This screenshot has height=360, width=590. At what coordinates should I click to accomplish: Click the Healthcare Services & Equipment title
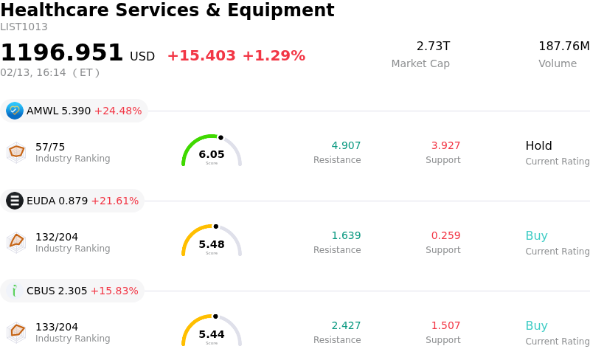[x=167, y=10]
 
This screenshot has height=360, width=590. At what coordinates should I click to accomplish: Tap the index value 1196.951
[x=62, y=53]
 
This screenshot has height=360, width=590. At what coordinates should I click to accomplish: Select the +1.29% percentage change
[x=274, y=56]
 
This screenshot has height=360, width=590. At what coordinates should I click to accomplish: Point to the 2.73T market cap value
[x=433, y=46]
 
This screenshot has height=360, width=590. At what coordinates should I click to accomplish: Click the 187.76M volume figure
[x=564, y=46]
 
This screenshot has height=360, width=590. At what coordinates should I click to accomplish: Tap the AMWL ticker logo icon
[x=15, y=111]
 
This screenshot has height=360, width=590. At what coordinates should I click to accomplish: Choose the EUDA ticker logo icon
[x=15, y=201]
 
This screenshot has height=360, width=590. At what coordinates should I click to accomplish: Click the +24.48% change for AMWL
[x=118, y=111]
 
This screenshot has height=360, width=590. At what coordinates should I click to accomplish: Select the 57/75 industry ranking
[x=50, y=147]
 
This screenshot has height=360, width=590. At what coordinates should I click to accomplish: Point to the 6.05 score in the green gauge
[x=212, y=154]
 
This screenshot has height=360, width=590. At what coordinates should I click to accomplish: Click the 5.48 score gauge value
[x=212, y=244]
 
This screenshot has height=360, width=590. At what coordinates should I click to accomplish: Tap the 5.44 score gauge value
[x=212, y=334]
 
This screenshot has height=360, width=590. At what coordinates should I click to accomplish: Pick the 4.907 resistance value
[x=346, y=145]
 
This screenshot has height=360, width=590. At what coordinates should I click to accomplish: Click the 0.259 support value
[x=445, y=235]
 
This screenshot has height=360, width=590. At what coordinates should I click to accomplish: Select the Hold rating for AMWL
[x=538, y=146]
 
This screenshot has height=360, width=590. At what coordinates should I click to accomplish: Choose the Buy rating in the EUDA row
[x=536, y=236]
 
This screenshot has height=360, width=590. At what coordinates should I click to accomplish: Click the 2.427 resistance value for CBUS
[x=346, y=325]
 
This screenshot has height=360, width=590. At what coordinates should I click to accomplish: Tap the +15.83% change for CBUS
[x=114, y=291]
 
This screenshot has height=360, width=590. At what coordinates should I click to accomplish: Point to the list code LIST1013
[x=24, y=27]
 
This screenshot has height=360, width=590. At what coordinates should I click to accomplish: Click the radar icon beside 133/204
[x=16, y=332]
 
